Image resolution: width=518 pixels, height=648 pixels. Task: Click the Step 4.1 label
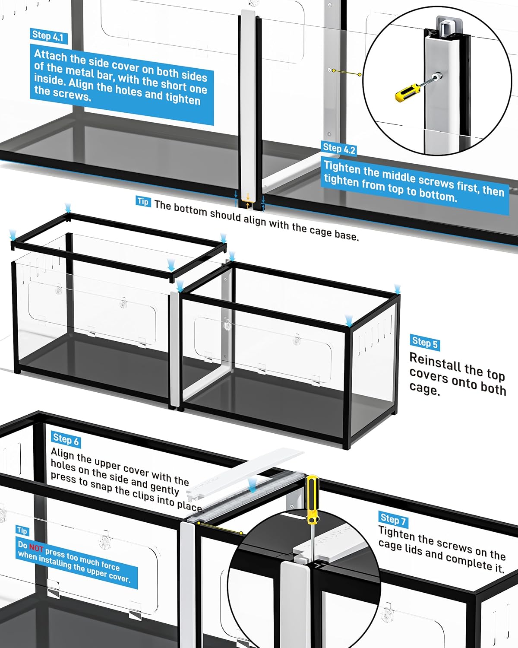pos(48,36)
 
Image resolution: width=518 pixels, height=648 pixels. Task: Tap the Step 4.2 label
pos(338,149)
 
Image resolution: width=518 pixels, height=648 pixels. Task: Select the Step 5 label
pos(425,343)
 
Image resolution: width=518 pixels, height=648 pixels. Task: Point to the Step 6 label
pos(66,439)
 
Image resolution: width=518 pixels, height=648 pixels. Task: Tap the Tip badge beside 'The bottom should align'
pos(143,201)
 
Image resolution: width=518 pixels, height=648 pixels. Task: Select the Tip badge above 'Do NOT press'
pos(22,530)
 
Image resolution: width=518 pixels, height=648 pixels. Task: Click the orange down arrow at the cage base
pos(248,197)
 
